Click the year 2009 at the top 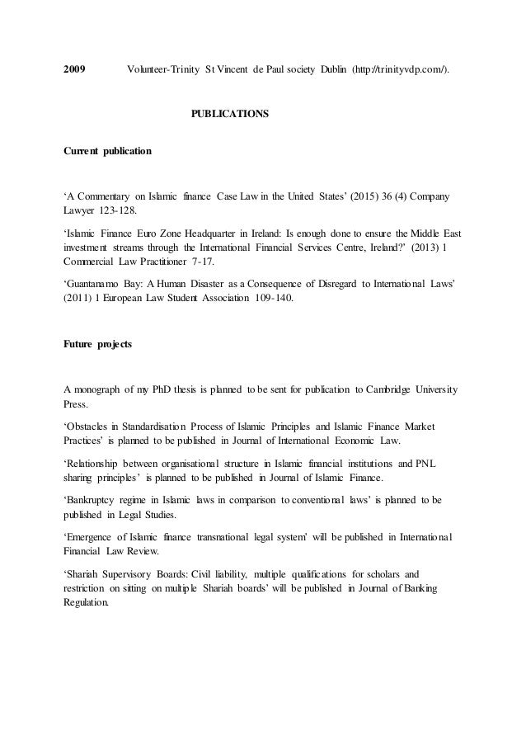[x=77, y=67]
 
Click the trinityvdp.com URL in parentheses [x=402, y=67]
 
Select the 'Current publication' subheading [x=108, y=152]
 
